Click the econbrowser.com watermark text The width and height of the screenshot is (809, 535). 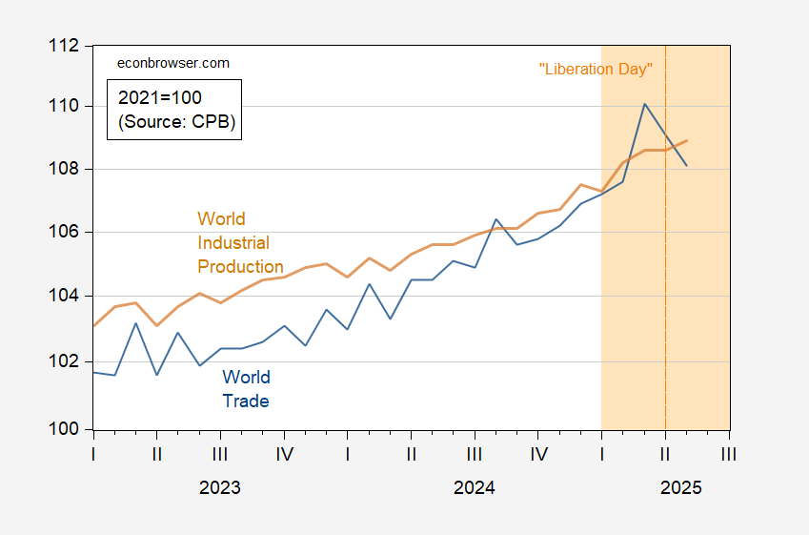click(x=172, y=63)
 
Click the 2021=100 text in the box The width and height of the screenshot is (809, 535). click(x=160, y=97)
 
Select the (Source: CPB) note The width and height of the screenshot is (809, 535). click(x=175, y=122)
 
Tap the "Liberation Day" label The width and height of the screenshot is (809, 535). click(x=596, y=69)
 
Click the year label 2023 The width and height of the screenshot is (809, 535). click(x=220, y=487)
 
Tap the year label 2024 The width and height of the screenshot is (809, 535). click(x=475, y=487)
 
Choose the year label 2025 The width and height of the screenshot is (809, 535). click(x=681, y=487)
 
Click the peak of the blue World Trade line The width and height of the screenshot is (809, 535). click(x=645, y=104)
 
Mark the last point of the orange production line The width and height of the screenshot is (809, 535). click(x=687, y=140)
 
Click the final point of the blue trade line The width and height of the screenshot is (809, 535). click(x=687, y=166)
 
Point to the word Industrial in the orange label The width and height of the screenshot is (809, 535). click(x=233, y=243)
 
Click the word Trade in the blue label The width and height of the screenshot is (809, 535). click(x=246, y=401)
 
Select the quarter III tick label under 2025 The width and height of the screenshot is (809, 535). click(x=729, y=454)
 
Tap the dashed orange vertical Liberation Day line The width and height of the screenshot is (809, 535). click(x=665, y=286)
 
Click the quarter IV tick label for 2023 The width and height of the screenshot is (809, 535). click(x=284, y=454)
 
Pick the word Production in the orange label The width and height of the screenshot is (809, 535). click(x=240, y=267)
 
